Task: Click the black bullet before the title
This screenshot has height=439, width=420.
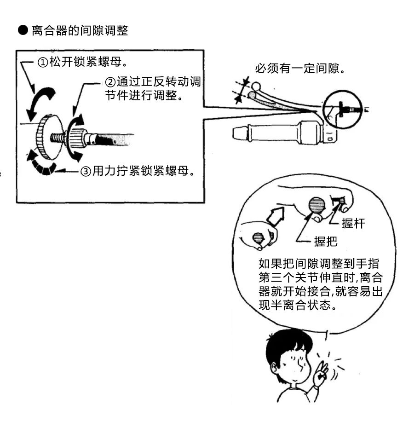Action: (23, 31)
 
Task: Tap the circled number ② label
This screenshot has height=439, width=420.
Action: (110, 82)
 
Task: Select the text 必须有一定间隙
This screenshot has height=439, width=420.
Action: (299, 69)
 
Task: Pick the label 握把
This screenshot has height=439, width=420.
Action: (325, 241)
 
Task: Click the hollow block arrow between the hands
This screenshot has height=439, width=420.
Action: (276, 216)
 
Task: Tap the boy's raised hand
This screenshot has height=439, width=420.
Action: (321, 374)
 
